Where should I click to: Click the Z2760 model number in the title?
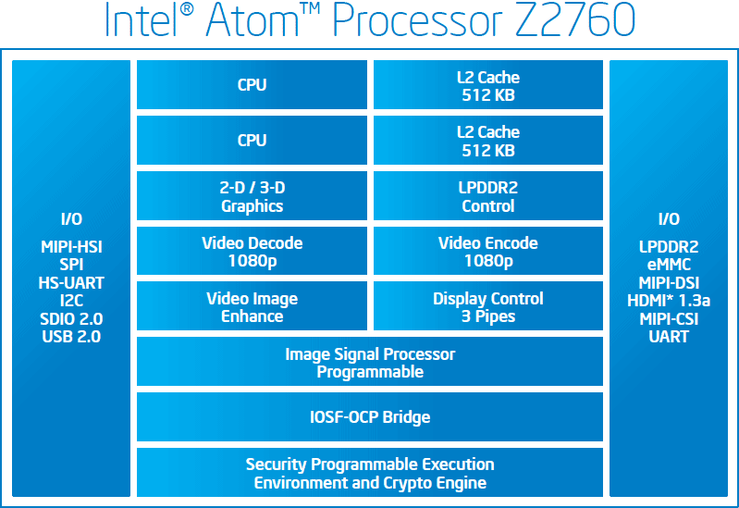coord(575,19)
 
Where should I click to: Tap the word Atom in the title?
coord(252,19)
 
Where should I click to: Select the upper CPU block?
coord(252,84)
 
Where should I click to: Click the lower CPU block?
coord(252,140)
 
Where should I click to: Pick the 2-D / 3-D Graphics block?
coord(252,196)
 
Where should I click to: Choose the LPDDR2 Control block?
coord(488,196)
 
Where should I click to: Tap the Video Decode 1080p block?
coord(252,251)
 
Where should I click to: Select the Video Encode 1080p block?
coord(488,251)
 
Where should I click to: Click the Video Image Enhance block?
coord(252,306)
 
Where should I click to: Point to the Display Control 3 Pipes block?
coord(488,306)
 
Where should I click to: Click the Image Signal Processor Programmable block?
coord(370,362)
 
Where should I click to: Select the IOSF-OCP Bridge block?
coord(370,417)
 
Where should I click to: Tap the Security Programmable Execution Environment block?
coord(370,473)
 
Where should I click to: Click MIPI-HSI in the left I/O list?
coord(71,247)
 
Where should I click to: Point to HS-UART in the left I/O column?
coord(71,283)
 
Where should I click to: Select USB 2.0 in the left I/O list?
coord(71,337)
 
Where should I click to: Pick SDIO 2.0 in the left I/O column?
coord(71,319)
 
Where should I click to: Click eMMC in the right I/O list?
coord(669,265)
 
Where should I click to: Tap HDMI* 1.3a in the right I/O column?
coord(669,301)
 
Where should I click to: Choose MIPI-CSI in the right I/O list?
coord(669,319)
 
